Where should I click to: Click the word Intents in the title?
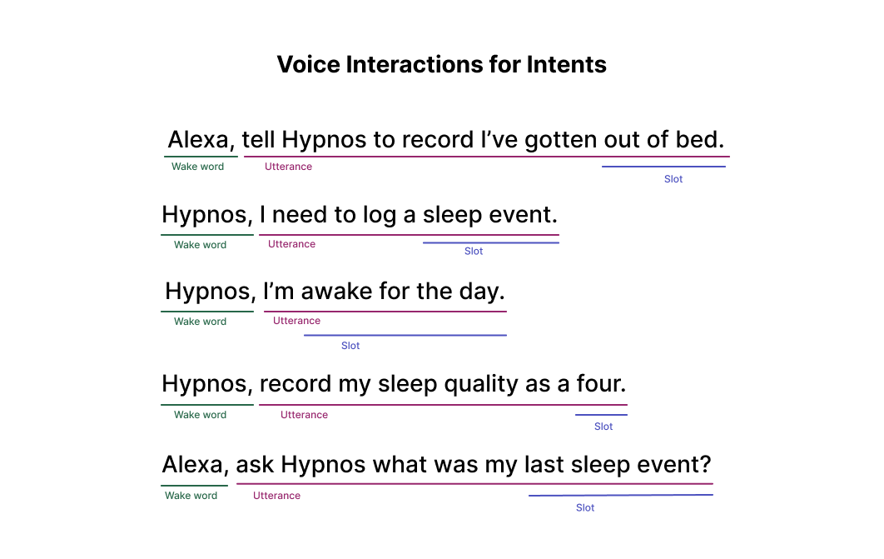click(567, 64)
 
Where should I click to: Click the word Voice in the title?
click(308, 64)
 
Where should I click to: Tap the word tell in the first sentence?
click(258, 139)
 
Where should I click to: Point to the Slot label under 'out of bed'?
click(673, 179)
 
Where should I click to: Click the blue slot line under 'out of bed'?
click(663, 167)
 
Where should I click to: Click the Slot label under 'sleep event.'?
click(474, 251)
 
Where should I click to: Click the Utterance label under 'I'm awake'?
click(296, 321)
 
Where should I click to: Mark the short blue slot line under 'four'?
click(601, 415)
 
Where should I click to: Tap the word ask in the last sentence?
click(255, 464)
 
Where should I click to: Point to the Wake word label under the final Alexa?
click(191, 495)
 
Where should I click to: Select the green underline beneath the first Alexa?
click(201, 157)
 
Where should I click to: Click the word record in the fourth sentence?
click(295, 383)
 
